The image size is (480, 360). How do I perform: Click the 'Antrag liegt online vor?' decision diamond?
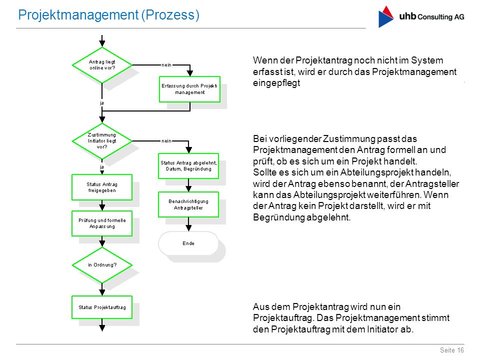102,65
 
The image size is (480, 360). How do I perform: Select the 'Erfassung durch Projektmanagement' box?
190,89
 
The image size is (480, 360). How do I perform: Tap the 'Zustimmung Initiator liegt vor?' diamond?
102,141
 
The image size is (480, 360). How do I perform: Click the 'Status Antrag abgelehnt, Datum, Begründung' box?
188,166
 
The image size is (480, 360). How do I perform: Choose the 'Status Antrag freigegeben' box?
102,187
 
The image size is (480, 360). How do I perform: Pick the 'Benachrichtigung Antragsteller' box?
188,204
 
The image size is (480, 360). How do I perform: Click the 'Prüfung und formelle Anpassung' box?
102,223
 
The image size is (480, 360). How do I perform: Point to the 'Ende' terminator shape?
188,243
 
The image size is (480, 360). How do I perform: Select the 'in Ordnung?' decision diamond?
102,265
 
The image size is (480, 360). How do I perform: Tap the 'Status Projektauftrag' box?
102,307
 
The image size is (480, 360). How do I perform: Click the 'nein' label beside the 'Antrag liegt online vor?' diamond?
166,65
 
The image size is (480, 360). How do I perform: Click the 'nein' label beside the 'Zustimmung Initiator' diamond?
166,141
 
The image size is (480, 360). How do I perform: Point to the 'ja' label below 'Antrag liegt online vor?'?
102,103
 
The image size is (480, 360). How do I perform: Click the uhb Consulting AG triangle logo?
385,16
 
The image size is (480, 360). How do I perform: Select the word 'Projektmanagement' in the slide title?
78,14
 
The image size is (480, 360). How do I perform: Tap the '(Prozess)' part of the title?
170,14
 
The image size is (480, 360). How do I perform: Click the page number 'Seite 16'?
452,350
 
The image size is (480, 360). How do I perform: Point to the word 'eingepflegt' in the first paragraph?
276,83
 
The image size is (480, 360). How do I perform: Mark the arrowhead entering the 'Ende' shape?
188,228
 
